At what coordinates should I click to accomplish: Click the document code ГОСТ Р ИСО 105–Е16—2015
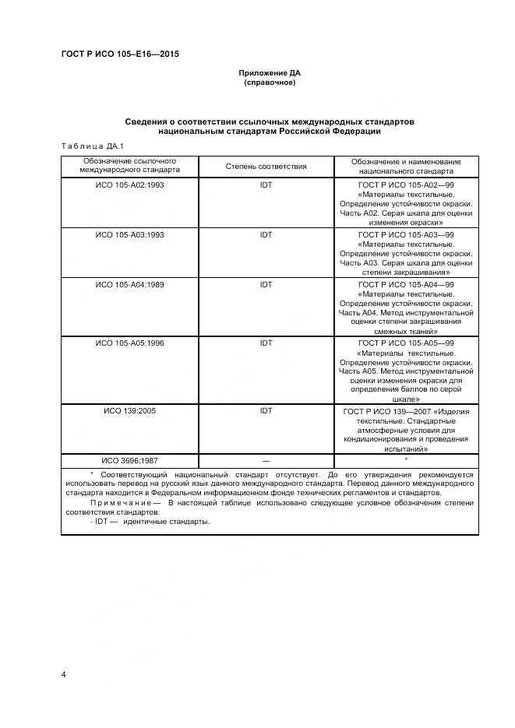click(x=114, y=54)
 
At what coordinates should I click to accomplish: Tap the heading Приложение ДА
click(x=270, y=73)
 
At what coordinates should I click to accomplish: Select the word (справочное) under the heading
click(x=270, y=83)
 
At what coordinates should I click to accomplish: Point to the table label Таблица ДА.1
click(x=87, y=146)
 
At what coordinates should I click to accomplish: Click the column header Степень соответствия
click(x=266, y=167)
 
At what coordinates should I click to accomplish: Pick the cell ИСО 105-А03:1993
click(x=129, y=234)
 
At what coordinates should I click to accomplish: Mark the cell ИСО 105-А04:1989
click(x=129, y=284)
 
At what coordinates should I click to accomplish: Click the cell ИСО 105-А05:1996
click(x=129, y=343)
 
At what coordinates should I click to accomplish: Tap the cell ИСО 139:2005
click(x=129, y=410)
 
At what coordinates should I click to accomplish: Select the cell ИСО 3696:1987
click(x=129, y=461)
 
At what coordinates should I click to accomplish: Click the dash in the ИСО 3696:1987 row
click(x=266, y=461)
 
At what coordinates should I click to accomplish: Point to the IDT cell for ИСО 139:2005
click(x=266, y=410)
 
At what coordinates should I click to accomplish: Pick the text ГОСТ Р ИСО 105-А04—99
click(x=406, y=284)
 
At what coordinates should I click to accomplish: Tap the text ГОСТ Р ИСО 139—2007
click(x=387, y=411)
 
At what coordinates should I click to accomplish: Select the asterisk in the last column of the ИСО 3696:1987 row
click(x=406, y=459)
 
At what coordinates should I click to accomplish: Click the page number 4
click(x=63, y=673)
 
